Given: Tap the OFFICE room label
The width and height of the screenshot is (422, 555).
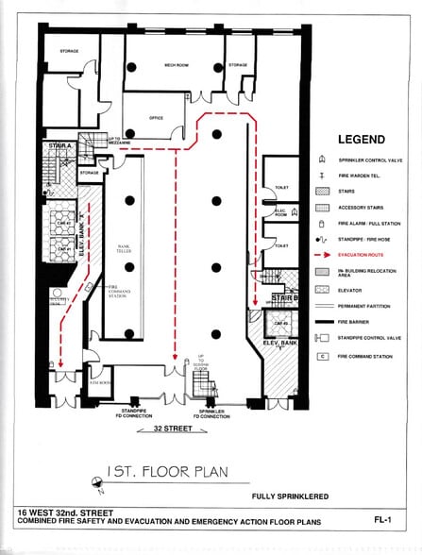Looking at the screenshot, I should (157, 118).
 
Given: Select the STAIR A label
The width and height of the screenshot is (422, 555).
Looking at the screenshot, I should (60, 147).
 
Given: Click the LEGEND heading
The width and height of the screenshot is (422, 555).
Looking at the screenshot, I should (361, 140).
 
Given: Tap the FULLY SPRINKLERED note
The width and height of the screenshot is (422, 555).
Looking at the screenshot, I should (289, 496).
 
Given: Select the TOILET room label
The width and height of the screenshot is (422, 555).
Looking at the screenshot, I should (280, 187).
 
